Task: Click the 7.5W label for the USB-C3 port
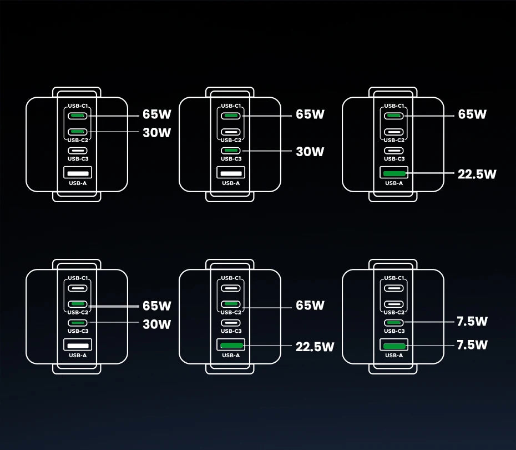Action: [472, 322]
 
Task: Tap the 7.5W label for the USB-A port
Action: [472, 345]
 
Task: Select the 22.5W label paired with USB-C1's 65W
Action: [477, 174]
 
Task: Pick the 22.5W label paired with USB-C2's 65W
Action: [315, 347]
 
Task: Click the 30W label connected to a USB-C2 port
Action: [156, 132]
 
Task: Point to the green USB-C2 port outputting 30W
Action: [78, 132]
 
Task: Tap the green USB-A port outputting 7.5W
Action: [394, 347]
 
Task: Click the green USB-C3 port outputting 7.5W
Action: [394, 322]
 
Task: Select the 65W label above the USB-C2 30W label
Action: [156, 114]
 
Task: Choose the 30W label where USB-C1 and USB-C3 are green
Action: [310, 151]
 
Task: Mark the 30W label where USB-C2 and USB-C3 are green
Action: [156, 324]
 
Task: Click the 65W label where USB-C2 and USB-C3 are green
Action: [156, 306]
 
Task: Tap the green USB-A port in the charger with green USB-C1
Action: [394, 174]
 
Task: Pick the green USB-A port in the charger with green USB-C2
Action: [231, 347]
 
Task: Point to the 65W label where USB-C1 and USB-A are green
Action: [472, 114]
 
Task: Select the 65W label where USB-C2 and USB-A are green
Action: [310, 306]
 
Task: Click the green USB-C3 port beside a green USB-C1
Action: [231, 151]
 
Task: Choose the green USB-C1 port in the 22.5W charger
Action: [394, 116]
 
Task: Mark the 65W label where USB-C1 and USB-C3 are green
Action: [310, 114]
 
